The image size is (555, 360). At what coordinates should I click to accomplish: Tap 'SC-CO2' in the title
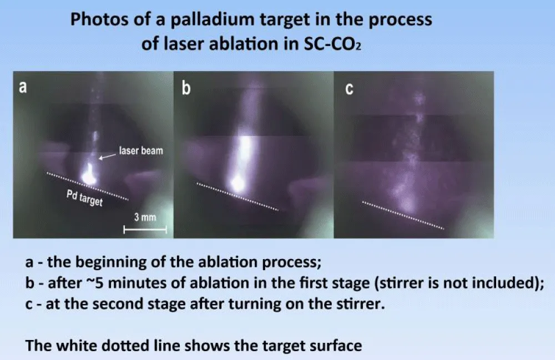(x=332, y=44)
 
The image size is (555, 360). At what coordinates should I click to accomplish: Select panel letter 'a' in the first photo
(x=23, y=87)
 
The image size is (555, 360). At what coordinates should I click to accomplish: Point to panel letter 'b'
(x=186, y=88)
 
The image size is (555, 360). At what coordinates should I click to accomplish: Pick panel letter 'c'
(x=349, y=89)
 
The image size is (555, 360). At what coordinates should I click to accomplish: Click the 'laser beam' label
(x=141, y=151)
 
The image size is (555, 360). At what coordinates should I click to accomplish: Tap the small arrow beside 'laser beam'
(x=107, y=156)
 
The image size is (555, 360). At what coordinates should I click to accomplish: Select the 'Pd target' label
(x=84, y=197)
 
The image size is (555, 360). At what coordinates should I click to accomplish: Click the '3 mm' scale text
(x=145, y=217)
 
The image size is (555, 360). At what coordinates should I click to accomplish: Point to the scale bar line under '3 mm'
(x=145, y=230)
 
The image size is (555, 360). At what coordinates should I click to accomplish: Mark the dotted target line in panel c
(x=403, y=215)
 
